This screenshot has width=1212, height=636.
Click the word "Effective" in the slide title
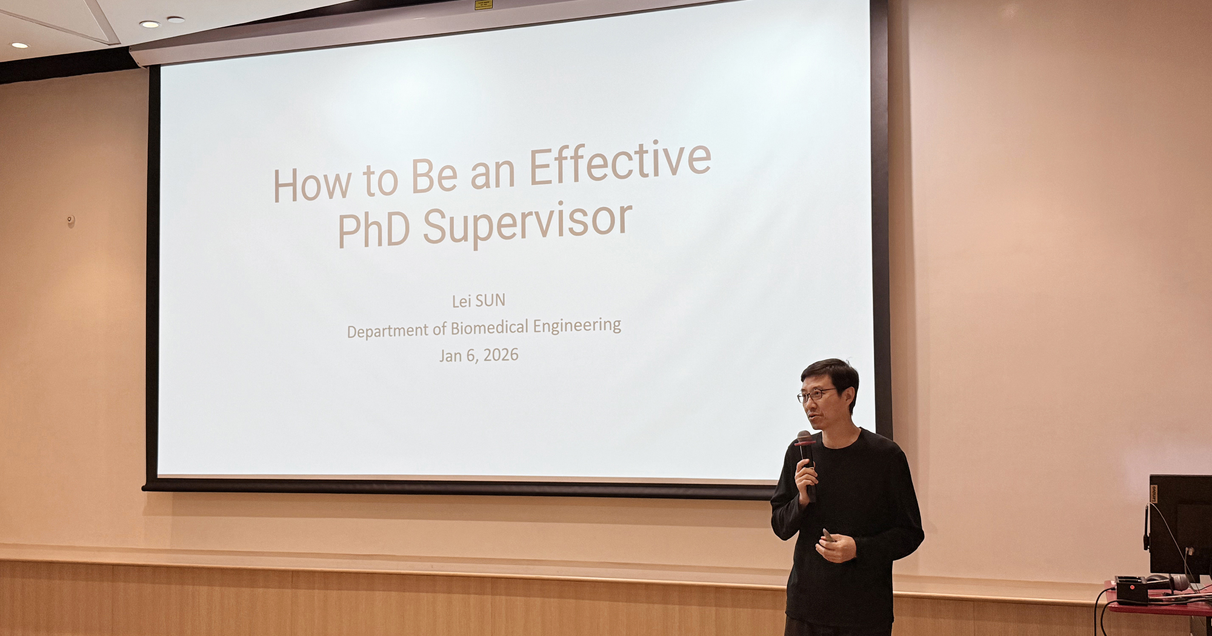point(620,162)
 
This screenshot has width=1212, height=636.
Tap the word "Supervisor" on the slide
point(527,224)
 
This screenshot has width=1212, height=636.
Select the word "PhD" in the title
point(373,230)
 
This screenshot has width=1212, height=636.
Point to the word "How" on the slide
point(311,184)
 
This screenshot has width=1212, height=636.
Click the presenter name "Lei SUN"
point(479,300)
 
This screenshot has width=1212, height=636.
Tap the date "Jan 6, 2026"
point(479,355)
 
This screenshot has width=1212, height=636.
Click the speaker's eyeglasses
point(816,395)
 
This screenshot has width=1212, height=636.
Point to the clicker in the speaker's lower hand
point(827,534)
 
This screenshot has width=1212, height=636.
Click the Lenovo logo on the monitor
point(1154,494)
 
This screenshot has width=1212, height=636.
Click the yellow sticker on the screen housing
point(484,4)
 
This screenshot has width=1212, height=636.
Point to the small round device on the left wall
point(71,220)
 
